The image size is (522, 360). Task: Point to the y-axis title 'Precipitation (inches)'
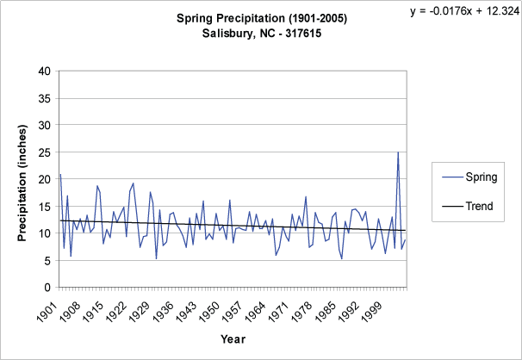pos(23,178)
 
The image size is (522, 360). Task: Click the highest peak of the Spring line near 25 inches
pos(398,152)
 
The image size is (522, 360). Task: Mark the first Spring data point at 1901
pos(60,175)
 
